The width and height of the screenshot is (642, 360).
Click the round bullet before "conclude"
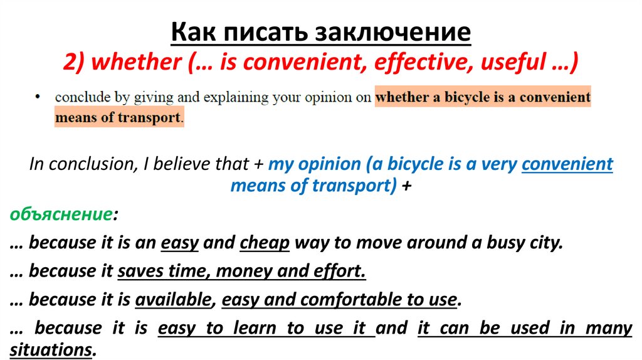[39, 97]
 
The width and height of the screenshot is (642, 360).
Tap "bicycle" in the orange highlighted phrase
[438, 98]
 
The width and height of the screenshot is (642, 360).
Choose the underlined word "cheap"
[265, 243]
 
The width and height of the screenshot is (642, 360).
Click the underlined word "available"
[173, 300]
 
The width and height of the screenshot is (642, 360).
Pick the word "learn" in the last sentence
[258, 328]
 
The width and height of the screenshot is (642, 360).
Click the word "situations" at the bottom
[51, 350]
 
